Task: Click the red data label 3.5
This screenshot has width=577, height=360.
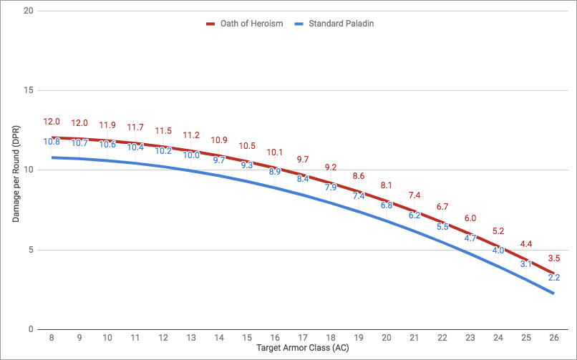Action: click(x=554, y=258)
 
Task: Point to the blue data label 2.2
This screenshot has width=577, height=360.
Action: click(x=554, y=278)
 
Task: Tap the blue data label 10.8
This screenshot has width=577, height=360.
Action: click(x=52, y=142)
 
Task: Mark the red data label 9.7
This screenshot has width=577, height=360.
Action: click(x=303, y=159)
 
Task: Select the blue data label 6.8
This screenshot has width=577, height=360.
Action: click(x=387, y=205)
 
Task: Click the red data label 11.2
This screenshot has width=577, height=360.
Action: click(x=191, y=135)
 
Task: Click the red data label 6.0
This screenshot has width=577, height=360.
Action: click(x=470, y=218)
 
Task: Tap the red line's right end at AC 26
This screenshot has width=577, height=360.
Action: click(x=554, y=273)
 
